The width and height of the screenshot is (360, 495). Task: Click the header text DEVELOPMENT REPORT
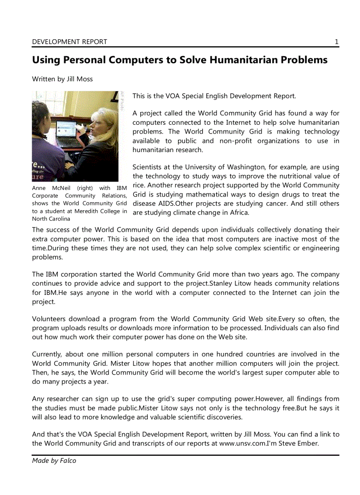(x=69, y=42)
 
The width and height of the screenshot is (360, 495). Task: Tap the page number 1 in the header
(x=337, y=42)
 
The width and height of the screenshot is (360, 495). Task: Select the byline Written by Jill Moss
(x=62, y=79)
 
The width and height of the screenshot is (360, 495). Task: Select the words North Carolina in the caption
(x=51, y=219)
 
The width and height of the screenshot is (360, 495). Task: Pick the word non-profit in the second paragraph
(x=236, y=141)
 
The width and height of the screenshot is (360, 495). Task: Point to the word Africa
(x=239, y=213)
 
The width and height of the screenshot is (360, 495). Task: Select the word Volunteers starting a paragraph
(x=49, y=319)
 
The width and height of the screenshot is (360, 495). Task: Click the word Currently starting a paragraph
(x=47, y=354)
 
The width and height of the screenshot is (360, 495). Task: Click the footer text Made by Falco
(x=54, y=461)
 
